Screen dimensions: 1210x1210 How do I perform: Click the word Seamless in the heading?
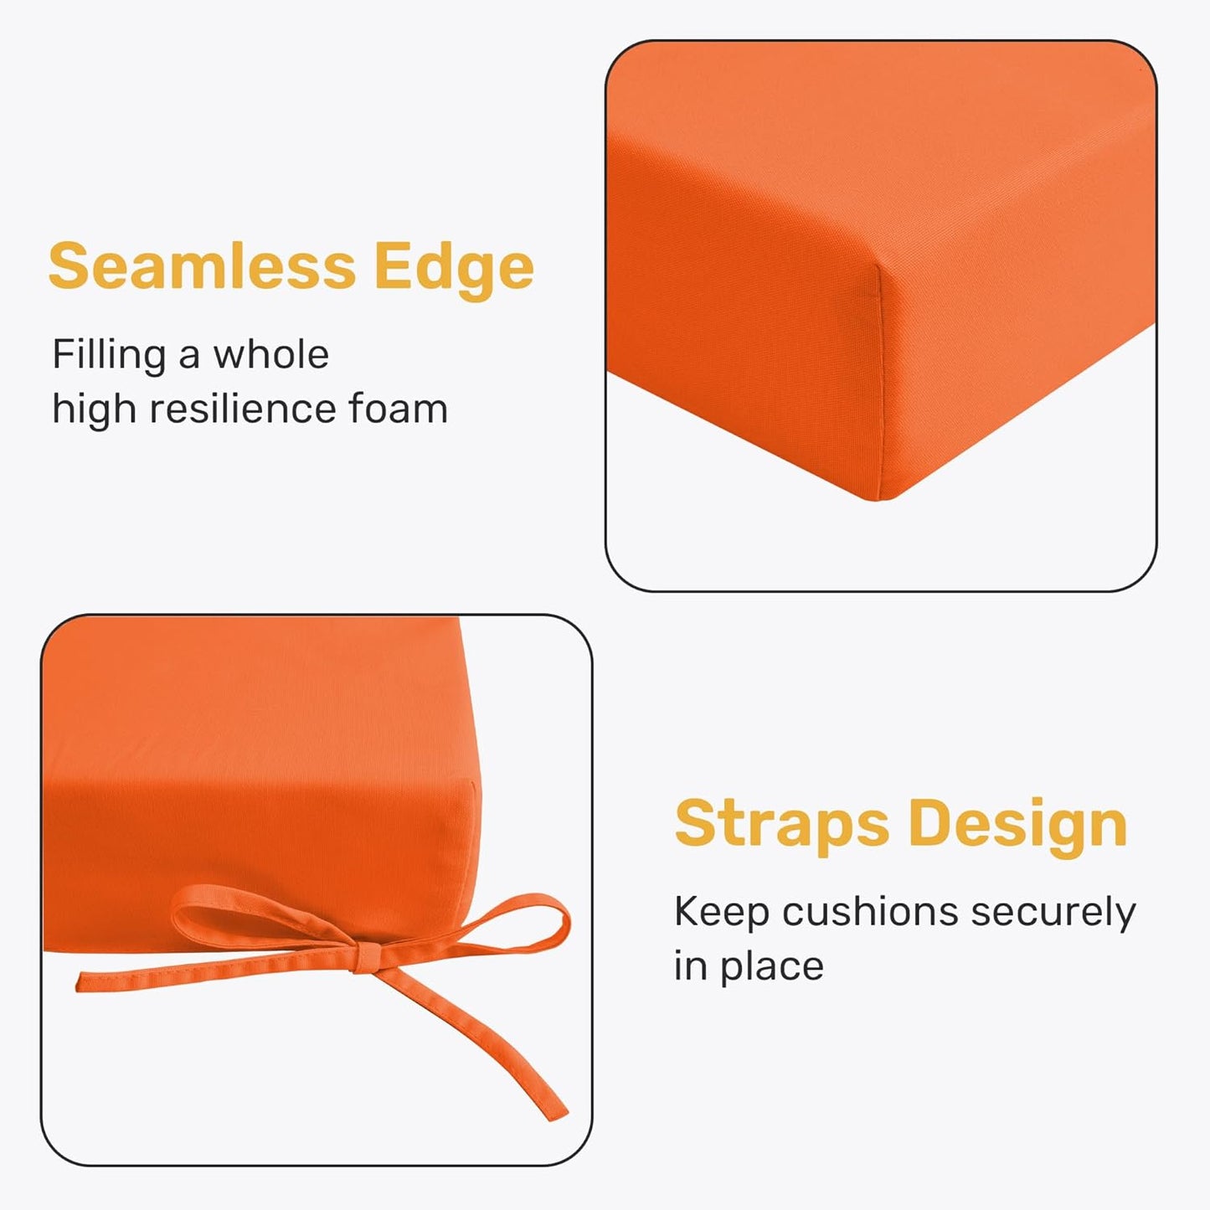point(202,266)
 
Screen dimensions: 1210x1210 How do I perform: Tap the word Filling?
point(109,356)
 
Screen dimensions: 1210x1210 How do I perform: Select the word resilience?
point(242,409)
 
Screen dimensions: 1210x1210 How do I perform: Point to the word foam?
point(398,409)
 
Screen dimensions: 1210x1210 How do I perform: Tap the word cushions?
point(870,912)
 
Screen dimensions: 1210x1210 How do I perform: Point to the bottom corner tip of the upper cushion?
point(877,498)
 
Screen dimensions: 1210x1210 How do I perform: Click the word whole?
point(270,354)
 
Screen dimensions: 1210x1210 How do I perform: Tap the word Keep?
point(722,912)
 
